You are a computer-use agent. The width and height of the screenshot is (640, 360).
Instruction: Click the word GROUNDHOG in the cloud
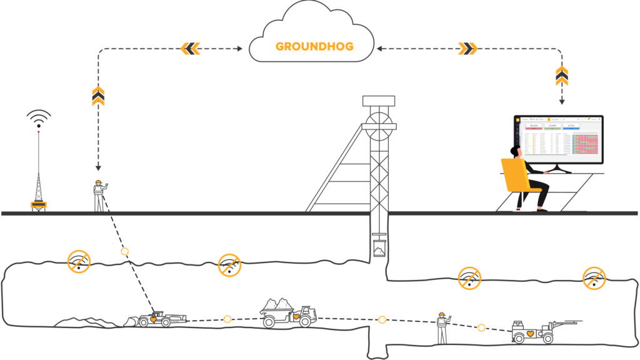coord(314,47)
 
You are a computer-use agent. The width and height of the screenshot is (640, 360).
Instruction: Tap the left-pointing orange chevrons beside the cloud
coord(191,47)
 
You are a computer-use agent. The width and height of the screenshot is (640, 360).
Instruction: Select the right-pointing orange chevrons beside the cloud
coord(467,48)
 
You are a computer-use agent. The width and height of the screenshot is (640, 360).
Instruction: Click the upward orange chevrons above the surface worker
coord(98,96)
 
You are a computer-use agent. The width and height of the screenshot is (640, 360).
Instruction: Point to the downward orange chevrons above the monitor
coord(562,76)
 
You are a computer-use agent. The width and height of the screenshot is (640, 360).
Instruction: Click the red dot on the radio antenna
coord(39,131)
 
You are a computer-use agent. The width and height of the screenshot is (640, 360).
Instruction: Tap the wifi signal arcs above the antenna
coord(39,118)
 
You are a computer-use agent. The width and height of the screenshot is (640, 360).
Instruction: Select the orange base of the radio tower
coord(39,204)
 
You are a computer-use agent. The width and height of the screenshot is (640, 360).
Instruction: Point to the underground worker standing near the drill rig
coord(442,327)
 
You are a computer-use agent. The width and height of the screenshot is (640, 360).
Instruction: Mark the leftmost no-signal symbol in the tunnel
coord(79,261)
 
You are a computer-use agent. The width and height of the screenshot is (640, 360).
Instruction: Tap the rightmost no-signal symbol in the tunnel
coord(594,278)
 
